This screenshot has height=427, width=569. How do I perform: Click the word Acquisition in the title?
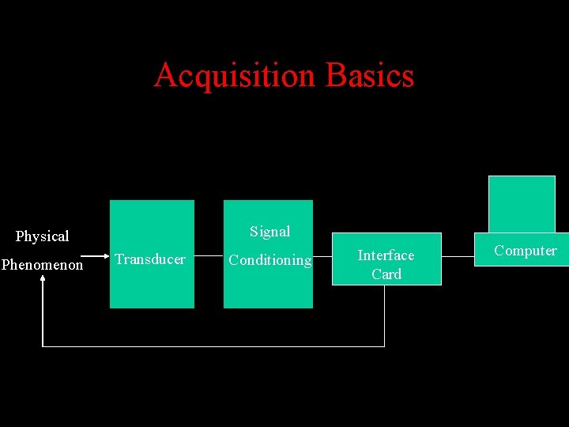tap(234, 76)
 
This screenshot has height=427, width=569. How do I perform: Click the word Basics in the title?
tap(370, 76)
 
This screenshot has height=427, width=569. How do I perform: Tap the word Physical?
tap(43, 236)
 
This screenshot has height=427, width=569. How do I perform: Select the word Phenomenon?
tap(42, 265)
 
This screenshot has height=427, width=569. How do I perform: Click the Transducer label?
tap(150, 259)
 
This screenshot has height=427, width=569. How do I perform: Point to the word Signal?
tap(270, 232)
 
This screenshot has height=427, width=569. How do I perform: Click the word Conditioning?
tap(269, 260)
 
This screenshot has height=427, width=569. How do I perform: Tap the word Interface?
tap(386, 255)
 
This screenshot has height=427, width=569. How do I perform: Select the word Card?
tap(386, 274)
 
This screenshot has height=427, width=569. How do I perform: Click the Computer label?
tap(526, 251)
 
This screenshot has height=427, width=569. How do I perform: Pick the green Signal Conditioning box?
tap(268, 289)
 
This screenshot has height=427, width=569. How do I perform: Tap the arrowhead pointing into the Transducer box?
tap(105, 256)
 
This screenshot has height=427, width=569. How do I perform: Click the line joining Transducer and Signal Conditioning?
tap(209, 256)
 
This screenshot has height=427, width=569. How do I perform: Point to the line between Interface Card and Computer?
tap(458, 256)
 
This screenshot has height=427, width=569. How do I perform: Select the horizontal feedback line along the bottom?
tap(213, 346)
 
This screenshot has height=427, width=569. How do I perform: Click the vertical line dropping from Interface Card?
tap(384, 316)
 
